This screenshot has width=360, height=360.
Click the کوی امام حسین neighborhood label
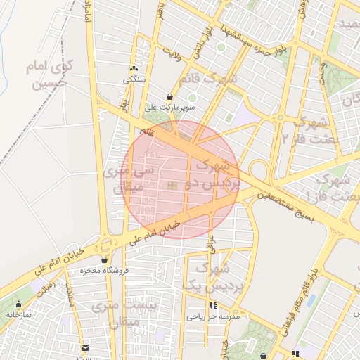point(39,77)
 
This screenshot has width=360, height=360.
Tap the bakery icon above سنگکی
point(134,69)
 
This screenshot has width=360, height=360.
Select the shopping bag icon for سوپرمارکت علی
point(169,96)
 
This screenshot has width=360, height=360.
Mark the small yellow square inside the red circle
point(172,186)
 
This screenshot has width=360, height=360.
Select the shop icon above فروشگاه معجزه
point(105,259)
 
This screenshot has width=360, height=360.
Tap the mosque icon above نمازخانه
point(19,304)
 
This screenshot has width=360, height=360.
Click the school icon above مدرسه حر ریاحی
point(213,306)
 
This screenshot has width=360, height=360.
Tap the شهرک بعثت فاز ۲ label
point(307,128)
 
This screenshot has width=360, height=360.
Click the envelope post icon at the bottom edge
point(86,348)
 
